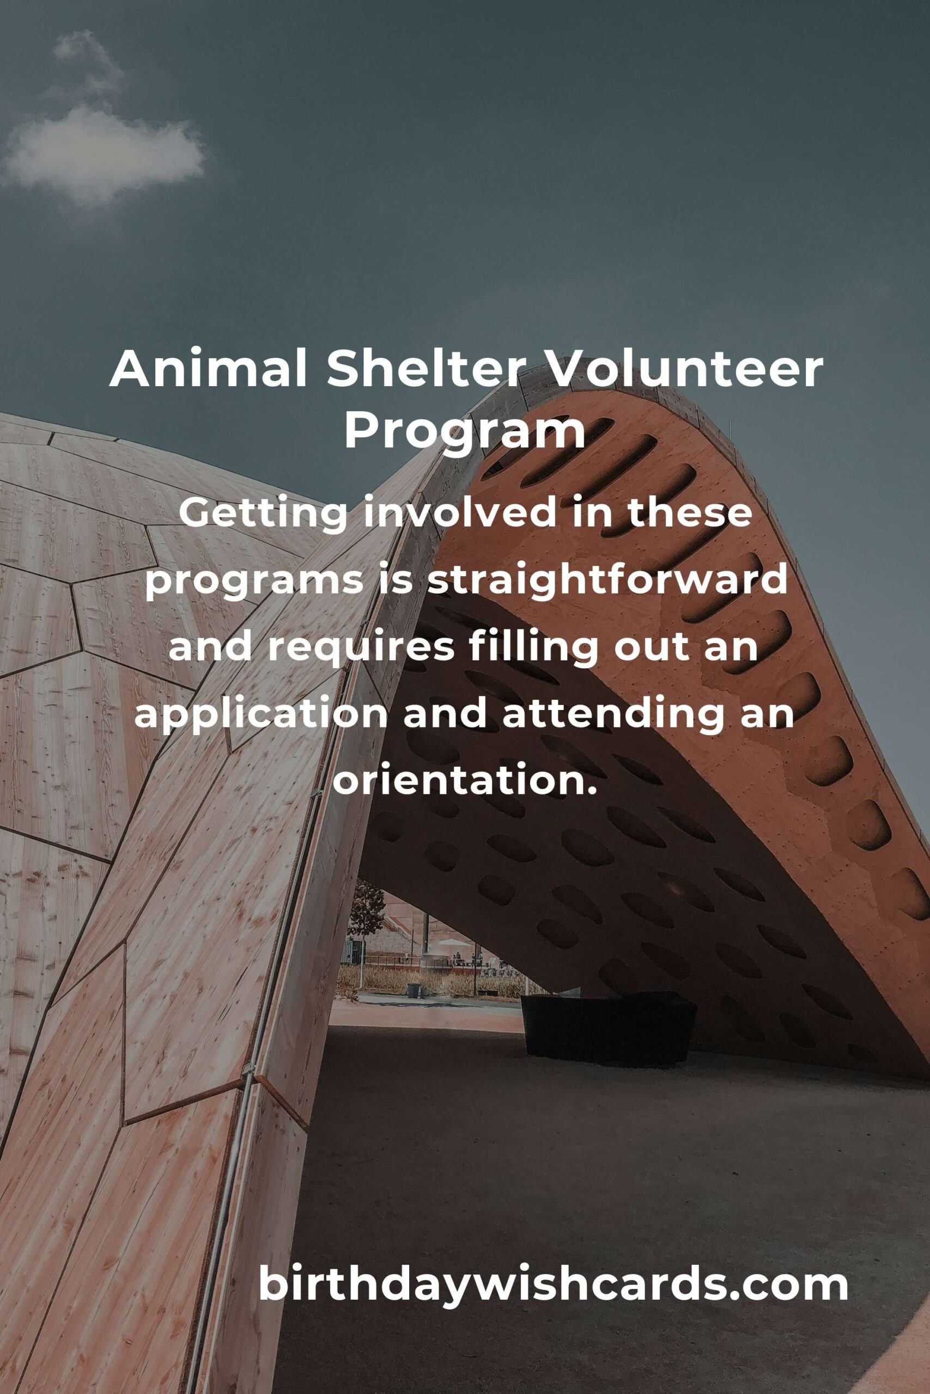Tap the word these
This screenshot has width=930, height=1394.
point(690,515)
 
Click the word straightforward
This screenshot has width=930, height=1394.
point(607,582)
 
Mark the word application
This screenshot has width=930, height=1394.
point(262,716)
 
